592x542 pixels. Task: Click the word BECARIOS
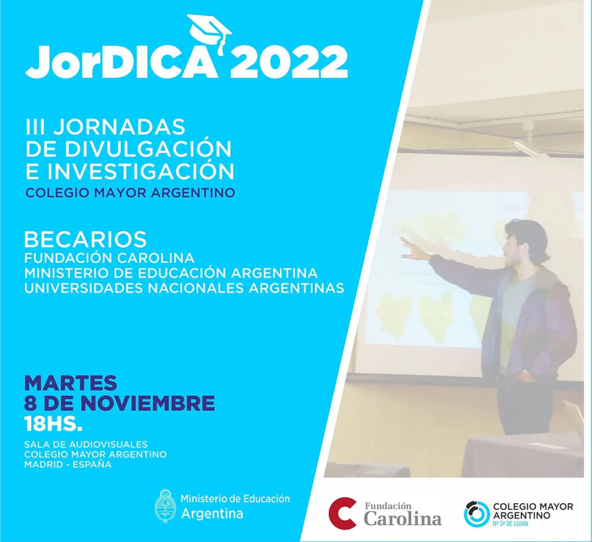coord(86,239)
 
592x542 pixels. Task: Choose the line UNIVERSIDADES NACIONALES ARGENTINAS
coord(184,288)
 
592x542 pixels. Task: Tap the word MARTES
coord(71,383)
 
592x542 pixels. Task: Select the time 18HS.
coord(53,423)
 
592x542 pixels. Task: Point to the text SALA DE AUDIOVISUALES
coord(86,444)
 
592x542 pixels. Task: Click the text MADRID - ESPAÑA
coord(68,464)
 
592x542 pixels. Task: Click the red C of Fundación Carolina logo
coord(342,513)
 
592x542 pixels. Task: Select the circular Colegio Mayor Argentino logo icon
coord(476,514)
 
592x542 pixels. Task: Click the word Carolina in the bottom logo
coord(402,519)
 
